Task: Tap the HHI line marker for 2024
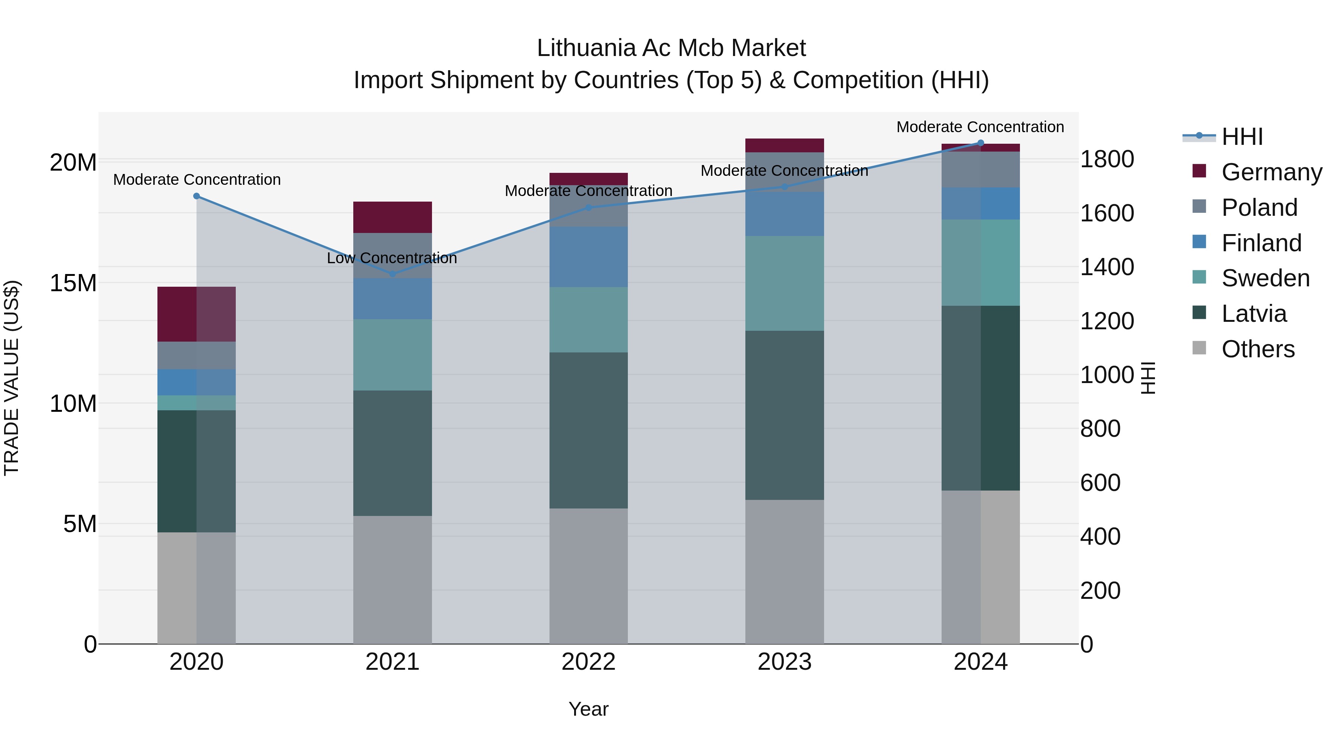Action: point(981,143)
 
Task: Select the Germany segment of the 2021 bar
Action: point(392,217)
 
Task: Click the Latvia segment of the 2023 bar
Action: point(785,415)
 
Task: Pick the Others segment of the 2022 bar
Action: point(589,576)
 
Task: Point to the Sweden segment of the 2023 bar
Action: point(785,283)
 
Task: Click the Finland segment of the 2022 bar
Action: point(589,257)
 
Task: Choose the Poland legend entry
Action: point(1259,208)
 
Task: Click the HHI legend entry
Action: point(1242,137)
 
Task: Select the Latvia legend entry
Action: point(1253,314)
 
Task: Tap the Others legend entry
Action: point(1258,349)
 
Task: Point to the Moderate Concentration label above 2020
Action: point(197,180)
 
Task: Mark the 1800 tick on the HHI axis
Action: point(1107,159)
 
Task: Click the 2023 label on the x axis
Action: point(785,662)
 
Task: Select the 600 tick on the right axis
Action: point(1100,483)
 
